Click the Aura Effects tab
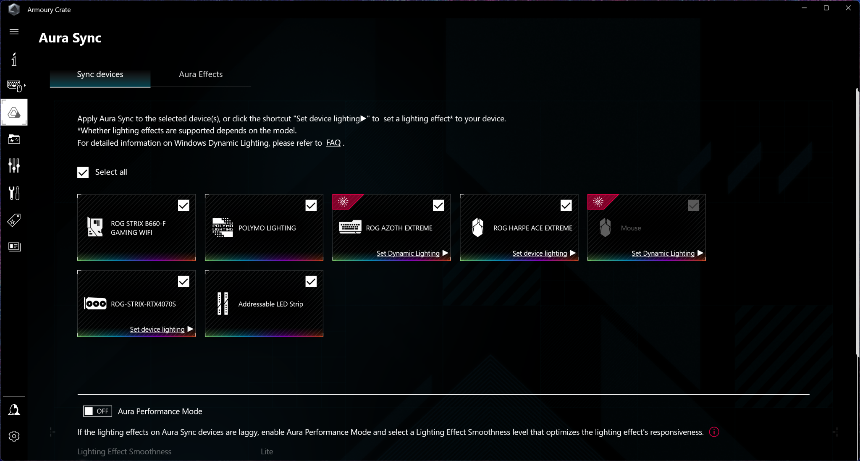pos(201,74)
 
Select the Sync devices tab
pos(100,74)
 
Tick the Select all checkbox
pos(83,173)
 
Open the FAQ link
pos(333,143)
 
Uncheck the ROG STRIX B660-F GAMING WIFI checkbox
pos(184,205)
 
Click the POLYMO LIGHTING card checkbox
pos(311,205)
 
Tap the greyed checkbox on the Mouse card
pos(693,205)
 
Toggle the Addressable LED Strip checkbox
pos(311,281)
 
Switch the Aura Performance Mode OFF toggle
pos(97,411)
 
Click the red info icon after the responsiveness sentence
pos(714,432)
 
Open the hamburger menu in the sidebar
pos(14,31)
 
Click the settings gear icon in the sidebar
pos(14,436)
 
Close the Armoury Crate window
pos(848,8)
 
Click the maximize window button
pos(826,8)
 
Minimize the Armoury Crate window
pos(804,8)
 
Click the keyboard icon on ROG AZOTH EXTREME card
pos(350,227)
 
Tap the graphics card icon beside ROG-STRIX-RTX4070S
pos(95,304)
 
